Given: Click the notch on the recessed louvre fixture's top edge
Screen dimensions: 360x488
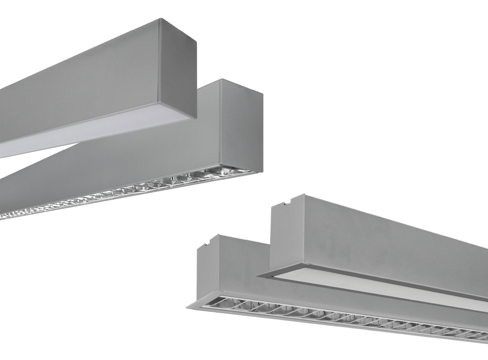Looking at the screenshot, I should (207, 245).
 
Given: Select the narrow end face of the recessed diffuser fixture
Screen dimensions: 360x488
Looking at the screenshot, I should (287, 234).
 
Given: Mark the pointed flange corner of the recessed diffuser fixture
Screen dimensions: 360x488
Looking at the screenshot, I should (258, 277).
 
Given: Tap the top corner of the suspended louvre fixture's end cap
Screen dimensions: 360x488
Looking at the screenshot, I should (221, 80).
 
